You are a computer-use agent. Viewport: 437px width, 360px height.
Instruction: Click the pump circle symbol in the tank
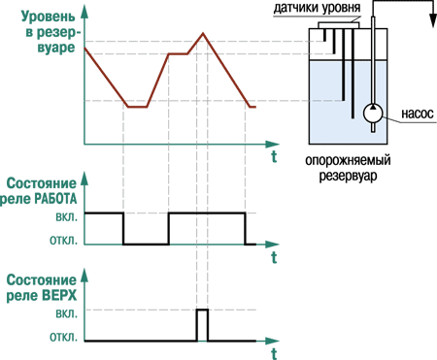(373, 114)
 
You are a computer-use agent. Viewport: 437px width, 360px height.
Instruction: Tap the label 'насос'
(418, 114)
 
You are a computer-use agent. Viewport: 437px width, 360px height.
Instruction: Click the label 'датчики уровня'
(317, 8)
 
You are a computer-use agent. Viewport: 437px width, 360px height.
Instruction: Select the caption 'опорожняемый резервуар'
(349, 169)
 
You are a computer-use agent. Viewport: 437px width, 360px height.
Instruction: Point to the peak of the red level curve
(203, 33)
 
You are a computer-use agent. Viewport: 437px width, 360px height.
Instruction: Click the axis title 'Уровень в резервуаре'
(50, 32)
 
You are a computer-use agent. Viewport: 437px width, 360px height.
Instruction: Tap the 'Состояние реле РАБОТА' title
(39, 191)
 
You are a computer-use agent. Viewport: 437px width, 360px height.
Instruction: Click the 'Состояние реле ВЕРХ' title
(42, 288)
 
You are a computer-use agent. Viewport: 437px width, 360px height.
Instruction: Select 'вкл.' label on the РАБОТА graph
(67, 216)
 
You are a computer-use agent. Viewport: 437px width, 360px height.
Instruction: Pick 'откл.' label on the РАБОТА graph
(64, 241)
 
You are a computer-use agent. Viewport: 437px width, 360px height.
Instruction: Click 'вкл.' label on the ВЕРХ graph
(67, 313)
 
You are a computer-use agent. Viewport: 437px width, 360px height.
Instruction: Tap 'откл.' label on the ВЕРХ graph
(64, 338)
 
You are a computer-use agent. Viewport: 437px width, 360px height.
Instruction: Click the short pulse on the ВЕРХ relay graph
(203, 310)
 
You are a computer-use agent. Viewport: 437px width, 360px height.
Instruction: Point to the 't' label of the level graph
(274, 156)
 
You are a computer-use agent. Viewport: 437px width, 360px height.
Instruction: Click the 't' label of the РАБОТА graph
(274, 258)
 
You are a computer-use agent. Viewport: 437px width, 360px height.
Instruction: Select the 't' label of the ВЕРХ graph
(274, 353)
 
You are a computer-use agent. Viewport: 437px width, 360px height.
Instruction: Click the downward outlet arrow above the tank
(433, 21)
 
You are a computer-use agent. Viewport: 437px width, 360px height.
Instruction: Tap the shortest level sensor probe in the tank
(324, 35)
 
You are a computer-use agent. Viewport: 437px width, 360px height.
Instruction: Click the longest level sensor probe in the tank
(353, 74)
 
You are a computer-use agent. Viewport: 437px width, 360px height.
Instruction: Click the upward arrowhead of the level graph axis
(84, 12)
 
